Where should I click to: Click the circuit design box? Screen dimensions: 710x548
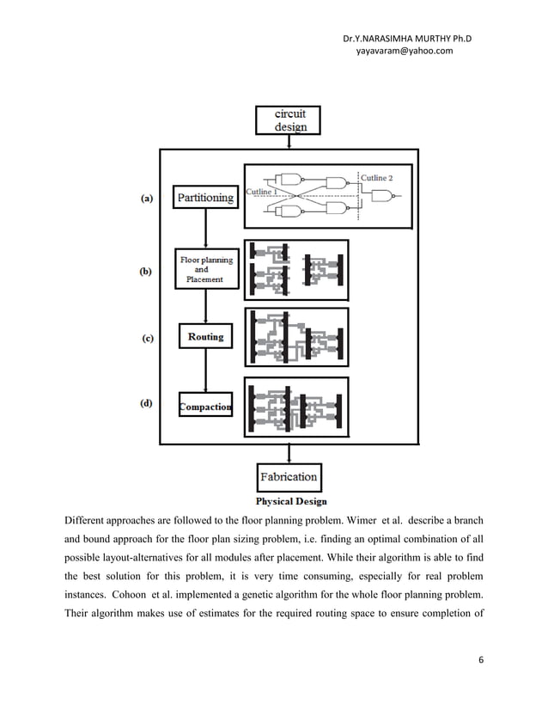287,119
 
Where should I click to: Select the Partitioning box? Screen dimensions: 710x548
204,198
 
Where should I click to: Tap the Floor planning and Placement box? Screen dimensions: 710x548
204,268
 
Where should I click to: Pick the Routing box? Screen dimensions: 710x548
204,337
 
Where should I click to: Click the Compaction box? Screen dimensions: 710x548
204,407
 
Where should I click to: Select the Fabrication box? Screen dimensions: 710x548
288,476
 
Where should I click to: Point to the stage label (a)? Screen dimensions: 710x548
148,198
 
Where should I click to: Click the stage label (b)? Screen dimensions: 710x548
147,271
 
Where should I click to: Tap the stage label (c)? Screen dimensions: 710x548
148,339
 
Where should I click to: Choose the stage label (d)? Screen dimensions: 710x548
148,401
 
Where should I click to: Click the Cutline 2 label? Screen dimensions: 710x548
378,177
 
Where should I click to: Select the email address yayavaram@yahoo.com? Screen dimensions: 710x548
397,52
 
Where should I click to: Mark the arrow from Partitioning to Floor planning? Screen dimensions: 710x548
204,228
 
